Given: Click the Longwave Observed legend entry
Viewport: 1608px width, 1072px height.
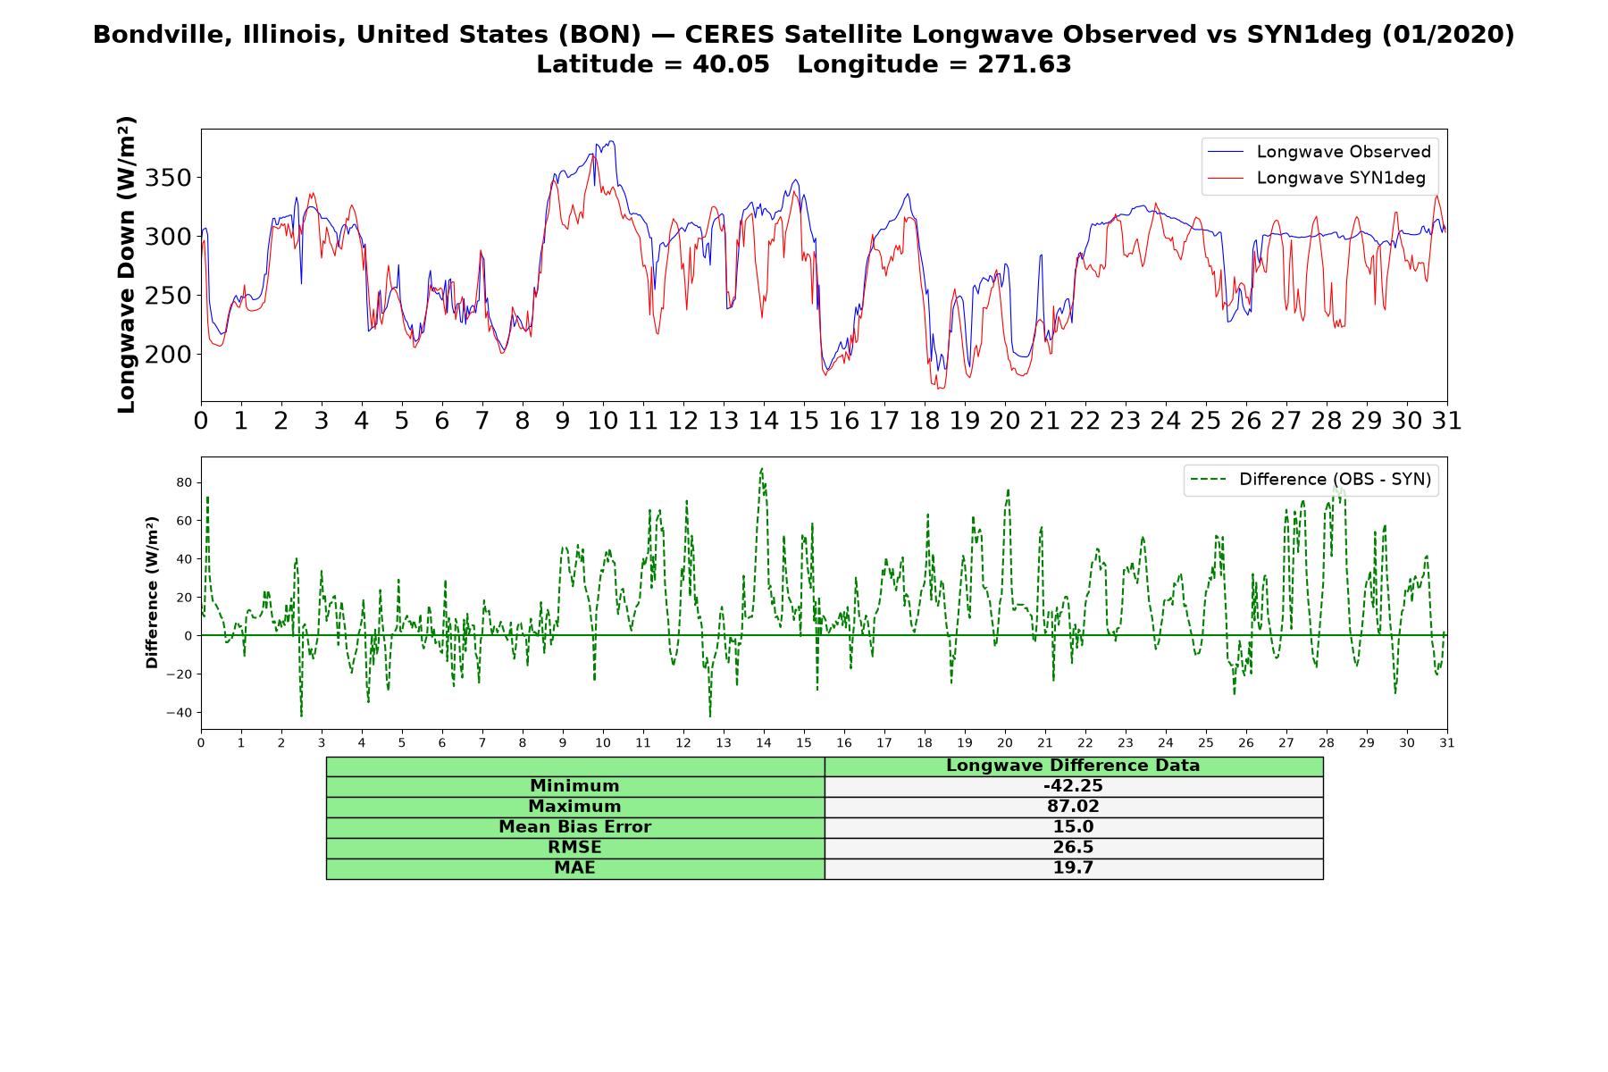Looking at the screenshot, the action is pyautogui.click(x=1319, y=152).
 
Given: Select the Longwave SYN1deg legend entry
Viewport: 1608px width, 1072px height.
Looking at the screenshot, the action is pyautogui.click(x=1316, y=178).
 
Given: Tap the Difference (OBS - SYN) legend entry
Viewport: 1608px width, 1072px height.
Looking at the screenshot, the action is pyautogui.click(x=1311, y=480).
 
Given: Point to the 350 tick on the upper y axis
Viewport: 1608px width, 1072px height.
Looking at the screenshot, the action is pyautogui.click(x=168, y=178).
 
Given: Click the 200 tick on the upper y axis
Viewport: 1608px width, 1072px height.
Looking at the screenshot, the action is pyautogui.click(x=168, y=355).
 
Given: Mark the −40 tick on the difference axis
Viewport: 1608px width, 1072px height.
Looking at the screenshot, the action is pyautogui.click(x=180, y=713).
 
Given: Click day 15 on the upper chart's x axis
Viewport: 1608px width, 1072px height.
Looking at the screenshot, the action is pyautogui.click(x=804, y=420).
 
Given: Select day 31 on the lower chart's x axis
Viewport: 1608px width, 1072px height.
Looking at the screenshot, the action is pyautogui.click(x=1447, y=743).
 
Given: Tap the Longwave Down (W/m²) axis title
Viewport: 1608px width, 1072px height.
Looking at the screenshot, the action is pyautogui.click(x=126, y=264).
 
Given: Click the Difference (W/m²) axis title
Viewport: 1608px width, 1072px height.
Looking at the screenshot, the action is pyautogui.click(x=152, y=592).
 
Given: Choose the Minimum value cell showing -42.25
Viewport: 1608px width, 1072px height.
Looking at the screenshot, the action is pyautogui.click(x=1073, y=786).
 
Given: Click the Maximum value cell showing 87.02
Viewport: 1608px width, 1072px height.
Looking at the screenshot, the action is pyautogui.click(x=1073, y=807).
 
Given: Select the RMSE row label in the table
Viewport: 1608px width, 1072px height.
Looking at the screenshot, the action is pyautogui.click(x=574, y=848).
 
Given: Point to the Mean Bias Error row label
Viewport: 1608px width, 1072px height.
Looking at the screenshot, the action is pyautogui.click(x=574, y=827).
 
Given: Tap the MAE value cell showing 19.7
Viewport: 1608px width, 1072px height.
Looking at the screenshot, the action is pyautogui.click(x=1073, y=868).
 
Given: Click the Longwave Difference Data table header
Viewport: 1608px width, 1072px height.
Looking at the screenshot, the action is pyautogui.click(x=1073, y=766).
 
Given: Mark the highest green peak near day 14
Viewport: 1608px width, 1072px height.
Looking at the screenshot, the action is pyautogui.click(x=761, y=468).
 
